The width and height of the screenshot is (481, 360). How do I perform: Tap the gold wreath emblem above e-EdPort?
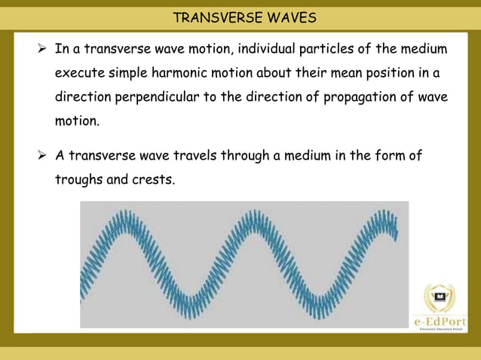point(440,298)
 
